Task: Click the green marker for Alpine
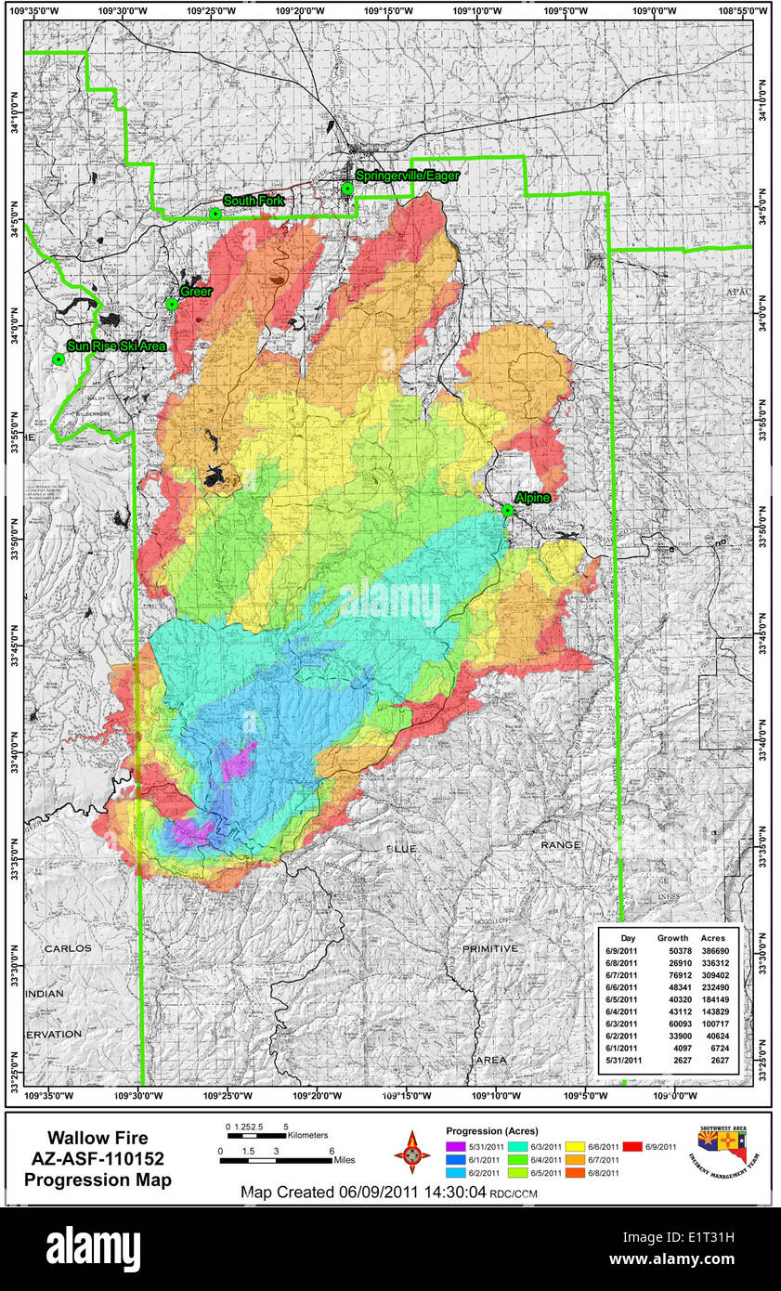pos(507,510)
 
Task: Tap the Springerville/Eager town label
pos(407,175)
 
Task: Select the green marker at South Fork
pos(215,214)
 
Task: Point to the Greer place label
pos(196,292)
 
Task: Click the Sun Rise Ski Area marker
pos(59,359)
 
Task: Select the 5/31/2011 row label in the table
pos(624,1060)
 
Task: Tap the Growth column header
pos(672,938)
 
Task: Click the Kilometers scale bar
pos(254,1135)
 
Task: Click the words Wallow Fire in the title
pos(98,1138)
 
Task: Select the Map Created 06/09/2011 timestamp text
pos(362,1192)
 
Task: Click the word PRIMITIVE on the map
pos(489,948)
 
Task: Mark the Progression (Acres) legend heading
pos(491,1131)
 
